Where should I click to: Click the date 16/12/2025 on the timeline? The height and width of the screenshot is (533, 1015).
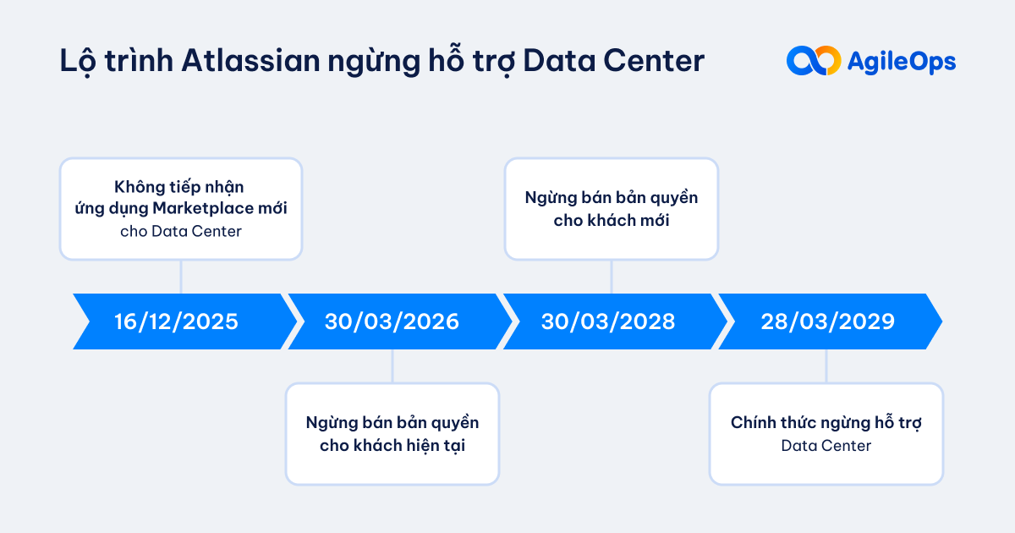(x=177, y=321)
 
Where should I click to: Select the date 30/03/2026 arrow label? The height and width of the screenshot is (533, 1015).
(x=392, y=321)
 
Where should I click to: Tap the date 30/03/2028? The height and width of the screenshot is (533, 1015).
(x=608, y=321)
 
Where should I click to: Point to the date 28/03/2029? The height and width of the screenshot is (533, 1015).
(x=826, y=321)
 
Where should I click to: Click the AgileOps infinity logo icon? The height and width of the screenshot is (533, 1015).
(x=813, y=61)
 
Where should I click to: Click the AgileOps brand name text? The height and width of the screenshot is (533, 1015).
(x=902, y=61)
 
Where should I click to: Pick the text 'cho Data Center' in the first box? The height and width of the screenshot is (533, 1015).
(x=180, y=230)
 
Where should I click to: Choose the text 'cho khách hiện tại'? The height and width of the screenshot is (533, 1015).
(x=392, y=445)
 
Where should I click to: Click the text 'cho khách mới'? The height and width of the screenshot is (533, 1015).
(x=611, y=220)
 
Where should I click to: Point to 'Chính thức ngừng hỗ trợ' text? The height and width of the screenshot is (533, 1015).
(x=826, y=422)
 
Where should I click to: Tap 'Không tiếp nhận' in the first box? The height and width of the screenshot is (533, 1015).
(x=180, y=186)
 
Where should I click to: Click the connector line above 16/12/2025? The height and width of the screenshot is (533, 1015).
(x=181, y=276)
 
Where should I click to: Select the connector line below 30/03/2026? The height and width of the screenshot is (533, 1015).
(x=392, y=365)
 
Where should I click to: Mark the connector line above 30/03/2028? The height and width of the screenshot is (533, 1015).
(x=612, y=276)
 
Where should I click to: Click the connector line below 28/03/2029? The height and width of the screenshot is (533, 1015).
(x=826, y=365)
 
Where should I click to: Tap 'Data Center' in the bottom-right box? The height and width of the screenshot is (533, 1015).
(x=826, y=445)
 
